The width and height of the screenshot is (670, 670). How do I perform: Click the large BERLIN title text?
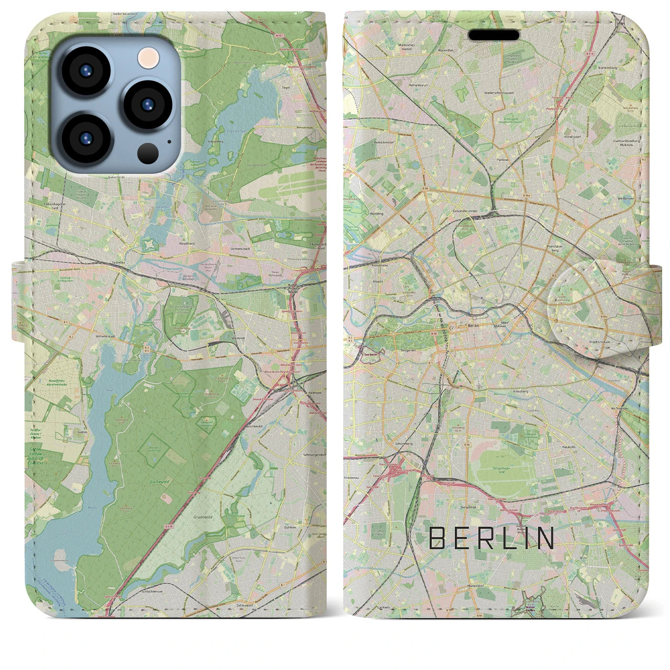pos(492,538)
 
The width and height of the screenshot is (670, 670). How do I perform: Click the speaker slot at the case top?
pos(494,35)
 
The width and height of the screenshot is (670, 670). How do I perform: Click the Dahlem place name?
pos(289,527)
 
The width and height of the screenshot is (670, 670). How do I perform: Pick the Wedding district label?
pos(376,214)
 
